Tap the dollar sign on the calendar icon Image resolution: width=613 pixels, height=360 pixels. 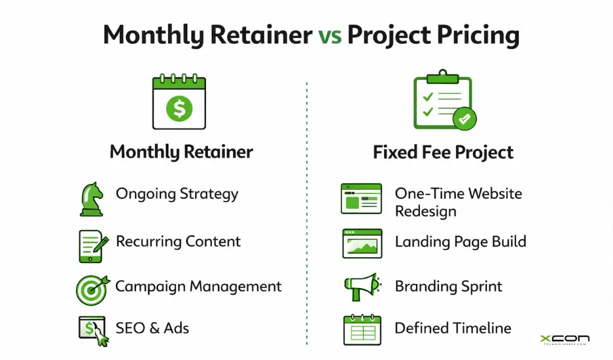(x=179, y=107)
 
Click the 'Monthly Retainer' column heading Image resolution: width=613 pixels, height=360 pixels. (x=181, y=153)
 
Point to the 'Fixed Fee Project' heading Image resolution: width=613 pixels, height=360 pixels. (x=443, y=153)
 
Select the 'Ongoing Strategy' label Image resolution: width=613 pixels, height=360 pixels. (x=177, y=194)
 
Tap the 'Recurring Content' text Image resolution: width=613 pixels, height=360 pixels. (x=178, y=241)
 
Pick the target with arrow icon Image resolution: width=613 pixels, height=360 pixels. (x=91, y=289)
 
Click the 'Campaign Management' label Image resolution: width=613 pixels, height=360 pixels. (x=198, y=287)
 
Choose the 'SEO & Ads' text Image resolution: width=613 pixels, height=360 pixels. (x=152, y=327)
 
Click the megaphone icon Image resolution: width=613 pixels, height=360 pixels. (x=361, y=287)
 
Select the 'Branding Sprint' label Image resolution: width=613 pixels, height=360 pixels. (x=448, y=287)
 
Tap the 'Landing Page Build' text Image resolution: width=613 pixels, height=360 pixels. (x=460, y=241)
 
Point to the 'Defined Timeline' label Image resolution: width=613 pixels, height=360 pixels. (x=453, y=327)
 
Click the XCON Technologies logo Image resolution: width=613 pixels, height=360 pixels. (x=565, y=340)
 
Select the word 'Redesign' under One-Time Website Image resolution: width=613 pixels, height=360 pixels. (x=425, y=211)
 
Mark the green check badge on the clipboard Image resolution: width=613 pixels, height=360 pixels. (x=464, y=119)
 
